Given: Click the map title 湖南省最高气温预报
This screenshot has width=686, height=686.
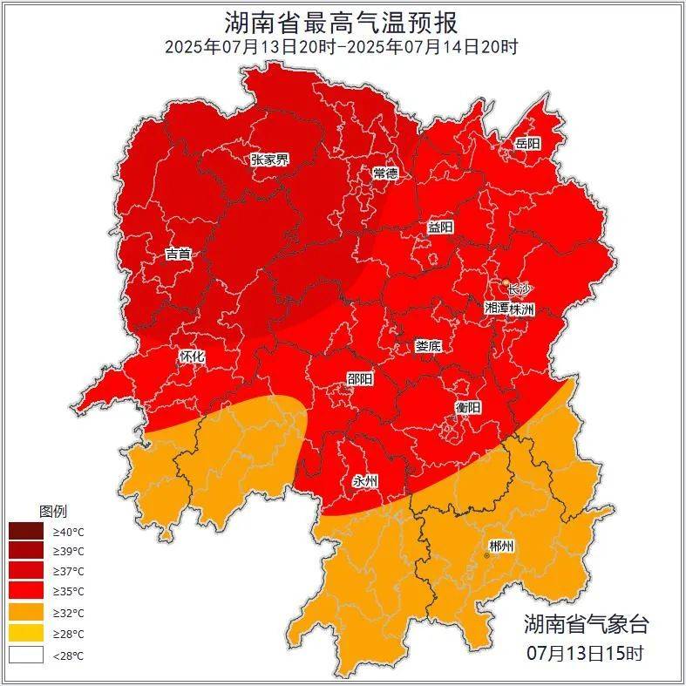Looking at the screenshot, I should pos(342,21).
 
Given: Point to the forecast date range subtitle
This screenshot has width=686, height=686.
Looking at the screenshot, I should pos(342,46).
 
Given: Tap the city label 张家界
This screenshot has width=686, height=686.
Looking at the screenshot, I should pos(269,160).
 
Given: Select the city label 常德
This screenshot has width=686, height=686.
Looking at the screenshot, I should pos(384,173).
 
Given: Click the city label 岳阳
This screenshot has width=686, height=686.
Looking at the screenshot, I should pos(527,143).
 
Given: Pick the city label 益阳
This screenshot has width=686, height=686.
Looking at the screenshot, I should pos(440,227).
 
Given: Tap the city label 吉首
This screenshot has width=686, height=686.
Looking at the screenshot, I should pos(178,255).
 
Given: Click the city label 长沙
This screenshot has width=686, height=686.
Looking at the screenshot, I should pos(519,289).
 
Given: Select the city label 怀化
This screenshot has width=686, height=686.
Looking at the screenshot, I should pos(192,357).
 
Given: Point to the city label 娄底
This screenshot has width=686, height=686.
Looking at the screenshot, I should pos(428,346).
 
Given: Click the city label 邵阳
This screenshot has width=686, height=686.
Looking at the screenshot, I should pos(359,379).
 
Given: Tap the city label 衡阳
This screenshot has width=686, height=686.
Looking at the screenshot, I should pos(467,407).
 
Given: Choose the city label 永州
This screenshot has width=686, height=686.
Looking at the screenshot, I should pos(364,480).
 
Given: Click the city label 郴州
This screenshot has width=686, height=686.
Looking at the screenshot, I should pos(501,547).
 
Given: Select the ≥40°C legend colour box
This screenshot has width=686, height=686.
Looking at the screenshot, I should pos(25,531).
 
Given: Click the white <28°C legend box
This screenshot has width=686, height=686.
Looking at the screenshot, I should pos(25,655).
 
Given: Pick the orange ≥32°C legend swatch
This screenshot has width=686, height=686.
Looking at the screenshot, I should pos(25,613).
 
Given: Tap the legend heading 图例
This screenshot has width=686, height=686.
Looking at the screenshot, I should pos(52,511).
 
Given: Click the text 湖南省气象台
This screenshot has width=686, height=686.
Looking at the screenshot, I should pos(586,624).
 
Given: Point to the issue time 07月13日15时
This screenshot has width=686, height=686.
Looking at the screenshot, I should pos(586,652).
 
